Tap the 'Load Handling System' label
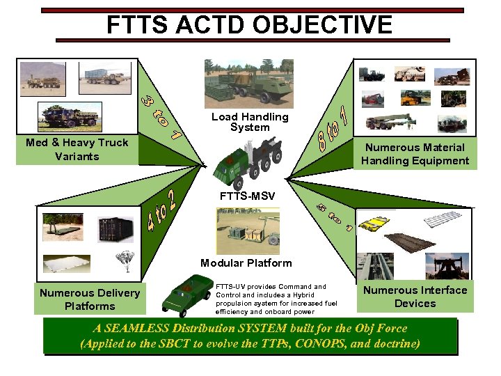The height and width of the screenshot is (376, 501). click(x=250, y=122)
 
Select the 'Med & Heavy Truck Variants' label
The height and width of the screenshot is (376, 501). click(x=77, y=149)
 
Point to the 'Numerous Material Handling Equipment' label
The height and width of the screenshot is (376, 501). click(x=415, y=154)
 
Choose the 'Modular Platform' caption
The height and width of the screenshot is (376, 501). click(x=246, y=263)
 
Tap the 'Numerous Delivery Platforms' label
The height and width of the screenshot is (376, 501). click(x=90, y=299)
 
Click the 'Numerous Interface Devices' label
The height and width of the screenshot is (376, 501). click(x=415, y=296)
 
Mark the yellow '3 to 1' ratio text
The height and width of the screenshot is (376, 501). click(x=161, y=113)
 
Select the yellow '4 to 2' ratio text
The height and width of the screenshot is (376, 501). click(x=164, y=210)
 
